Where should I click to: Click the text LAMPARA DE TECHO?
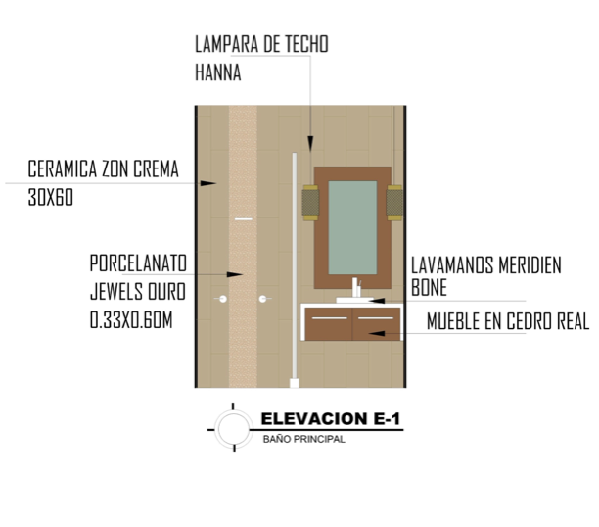261,44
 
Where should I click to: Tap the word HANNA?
218,72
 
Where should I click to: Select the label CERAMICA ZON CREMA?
103,169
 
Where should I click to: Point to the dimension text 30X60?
51,197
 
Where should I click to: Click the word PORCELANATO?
138,263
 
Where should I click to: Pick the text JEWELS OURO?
138,292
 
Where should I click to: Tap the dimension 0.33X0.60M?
131,319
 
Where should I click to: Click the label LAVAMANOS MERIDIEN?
486,265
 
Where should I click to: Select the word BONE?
429,287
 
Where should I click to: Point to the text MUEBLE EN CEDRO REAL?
508,321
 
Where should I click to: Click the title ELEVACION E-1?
331,419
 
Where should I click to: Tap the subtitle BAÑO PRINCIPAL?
304,439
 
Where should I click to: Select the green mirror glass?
352,227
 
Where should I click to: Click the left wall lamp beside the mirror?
310,203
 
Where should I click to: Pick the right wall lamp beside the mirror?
394,203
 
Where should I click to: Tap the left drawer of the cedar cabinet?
329,324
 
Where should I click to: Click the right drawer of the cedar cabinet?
376,324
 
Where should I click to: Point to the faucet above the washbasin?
355,287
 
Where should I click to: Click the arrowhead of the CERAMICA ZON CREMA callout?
208,183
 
